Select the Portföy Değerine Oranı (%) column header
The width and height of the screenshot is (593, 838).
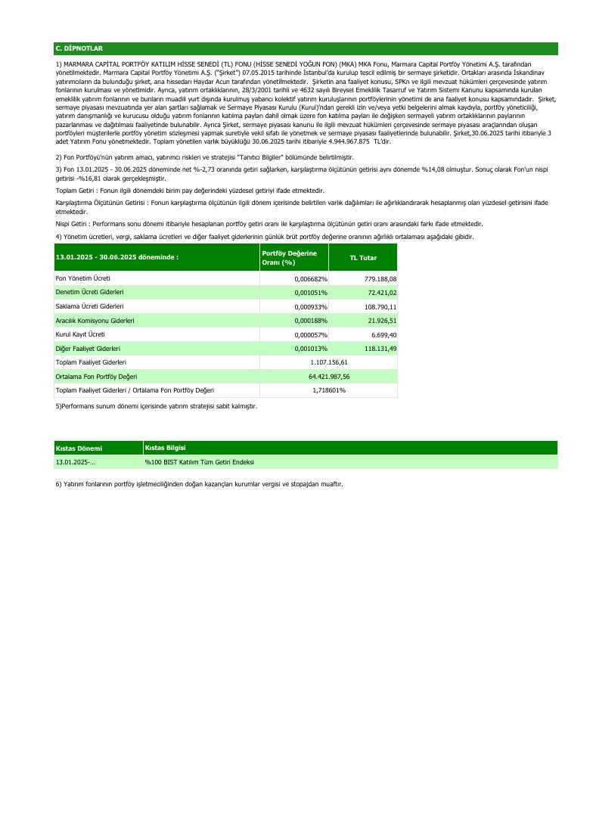pyautogui.click(x=289, y=257)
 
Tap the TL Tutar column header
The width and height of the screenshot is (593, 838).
pyautogui.click(x=363, y=258)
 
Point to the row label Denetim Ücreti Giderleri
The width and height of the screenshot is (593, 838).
pyautogui.click(x=90, y=292)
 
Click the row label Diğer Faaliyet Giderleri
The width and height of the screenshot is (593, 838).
pyautogui.click(x=88, y=349)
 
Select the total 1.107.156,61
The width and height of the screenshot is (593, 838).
pyautogui.click(x=329, y=362)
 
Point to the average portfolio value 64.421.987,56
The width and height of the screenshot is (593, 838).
pyautogui.click(x=329, y=376)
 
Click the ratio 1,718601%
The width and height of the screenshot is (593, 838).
pyautogui.click(x=329, y=390)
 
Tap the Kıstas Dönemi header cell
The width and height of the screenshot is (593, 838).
pyautogui.click(x=79, y=448)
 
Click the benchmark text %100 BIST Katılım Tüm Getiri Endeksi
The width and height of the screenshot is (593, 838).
pyautogui.click(x=200, y=461)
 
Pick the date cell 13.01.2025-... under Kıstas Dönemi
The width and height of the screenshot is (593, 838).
pyautogui.click(x=76, y=461)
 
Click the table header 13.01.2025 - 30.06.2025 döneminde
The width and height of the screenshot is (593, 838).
pyautogui.click(x=117, y=257)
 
